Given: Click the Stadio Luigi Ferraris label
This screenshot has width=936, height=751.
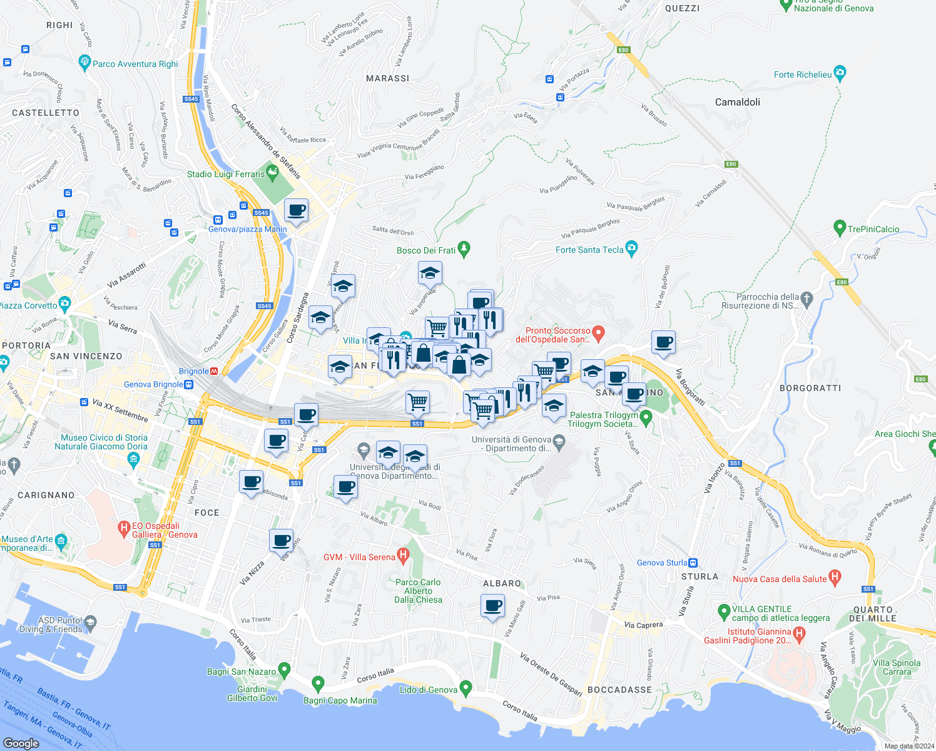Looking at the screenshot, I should (226, 174).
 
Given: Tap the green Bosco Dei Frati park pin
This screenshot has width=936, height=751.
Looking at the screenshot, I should (464, 249).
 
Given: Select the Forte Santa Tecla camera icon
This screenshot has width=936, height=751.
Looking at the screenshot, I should (631, 248).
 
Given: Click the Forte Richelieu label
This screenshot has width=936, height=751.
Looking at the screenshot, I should (803, 74).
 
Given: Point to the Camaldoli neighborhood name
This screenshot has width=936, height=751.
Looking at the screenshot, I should (738, 102).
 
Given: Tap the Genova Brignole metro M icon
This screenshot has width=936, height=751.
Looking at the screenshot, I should (215, 371).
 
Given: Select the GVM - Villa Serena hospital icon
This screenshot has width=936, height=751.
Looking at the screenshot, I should (403, 555).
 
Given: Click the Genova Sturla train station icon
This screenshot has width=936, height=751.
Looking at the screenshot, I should (693, 563).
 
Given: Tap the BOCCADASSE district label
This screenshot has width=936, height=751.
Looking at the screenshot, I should (619, 690).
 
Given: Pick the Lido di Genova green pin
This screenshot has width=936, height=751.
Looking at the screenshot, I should (465, 688).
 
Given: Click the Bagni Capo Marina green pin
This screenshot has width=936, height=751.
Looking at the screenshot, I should (318, 683).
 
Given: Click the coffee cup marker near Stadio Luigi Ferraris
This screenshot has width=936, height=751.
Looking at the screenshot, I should (296, 210).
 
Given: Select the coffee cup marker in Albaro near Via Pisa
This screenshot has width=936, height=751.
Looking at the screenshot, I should (492, 606).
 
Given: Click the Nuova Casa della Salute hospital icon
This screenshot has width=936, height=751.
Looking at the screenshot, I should (835, 577).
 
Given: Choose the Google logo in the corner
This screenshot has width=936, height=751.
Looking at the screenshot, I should (21, 743).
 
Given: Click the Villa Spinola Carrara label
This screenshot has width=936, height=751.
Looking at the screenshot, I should (897, 667).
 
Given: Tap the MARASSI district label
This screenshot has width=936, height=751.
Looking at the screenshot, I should (388, 78).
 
